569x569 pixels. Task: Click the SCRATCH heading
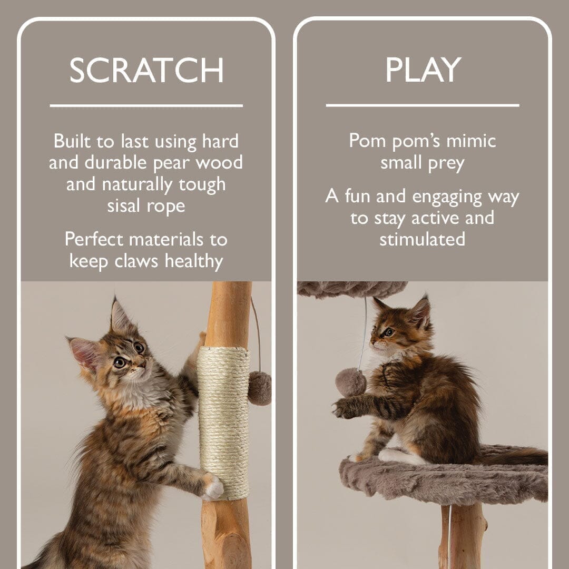click(x=146, y=70)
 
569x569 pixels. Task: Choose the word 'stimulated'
click(x=423, y=239)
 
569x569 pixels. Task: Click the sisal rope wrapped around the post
click(x=223, y=421)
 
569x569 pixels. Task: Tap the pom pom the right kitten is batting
click(x=350, y=382)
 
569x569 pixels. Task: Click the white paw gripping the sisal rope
click(x=213, y=487)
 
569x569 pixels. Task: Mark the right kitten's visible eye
click(x=388, y=332)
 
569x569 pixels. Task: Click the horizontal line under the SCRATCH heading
click(x=146, y=106)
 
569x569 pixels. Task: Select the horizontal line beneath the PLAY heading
click(x=423, y=105)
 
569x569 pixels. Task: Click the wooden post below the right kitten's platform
click(x=467, y=537)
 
